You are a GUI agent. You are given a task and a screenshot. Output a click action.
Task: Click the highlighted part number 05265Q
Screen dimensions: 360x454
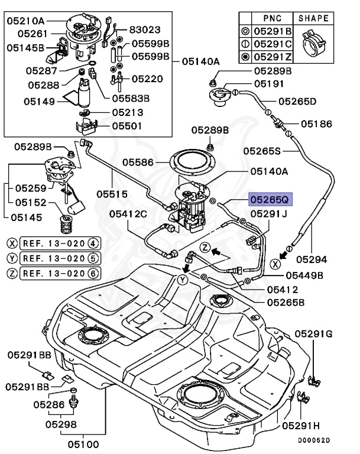click(271, 199)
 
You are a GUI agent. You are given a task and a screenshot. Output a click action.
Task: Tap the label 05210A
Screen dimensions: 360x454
click(26, 21)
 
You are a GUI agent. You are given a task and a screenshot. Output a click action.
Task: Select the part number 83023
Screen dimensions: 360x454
click(145, 30)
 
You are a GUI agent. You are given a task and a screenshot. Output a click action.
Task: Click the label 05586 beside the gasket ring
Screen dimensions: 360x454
click(138, 162)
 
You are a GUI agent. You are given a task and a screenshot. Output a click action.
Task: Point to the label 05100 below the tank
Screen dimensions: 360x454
click(83, 444)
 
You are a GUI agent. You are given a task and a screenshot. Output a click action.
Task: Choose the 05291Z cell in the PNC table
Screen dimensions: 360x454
click(273, 57)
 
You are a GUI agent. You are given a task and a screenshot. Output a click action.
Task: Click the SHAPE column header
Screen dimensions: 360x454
click(313, 18)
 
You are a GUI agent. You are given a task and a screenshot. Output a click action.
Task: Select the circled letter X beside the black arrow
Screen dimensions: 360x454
click(275, 264)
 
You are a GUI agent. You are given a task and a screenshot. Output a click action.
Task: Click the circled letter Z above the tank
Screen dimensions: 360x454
click(205, 248)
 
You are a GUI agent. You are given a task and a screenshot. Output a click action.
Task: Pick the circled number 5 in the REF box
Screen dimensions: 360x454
click(93, 258)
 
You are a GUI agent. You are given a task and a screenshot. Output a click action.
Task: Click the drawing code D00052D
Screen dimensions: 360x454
click(314, 440)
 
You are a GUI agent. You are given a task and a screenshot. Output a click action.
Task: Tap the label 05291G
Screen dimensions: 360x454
click(313, 334)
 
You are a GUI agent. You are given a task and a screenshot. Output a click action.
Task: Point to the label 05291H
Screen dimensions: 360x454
click(301, 426)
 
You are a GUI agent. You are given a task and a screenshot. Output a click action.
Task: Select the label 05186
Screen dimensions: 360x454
click(317, 124)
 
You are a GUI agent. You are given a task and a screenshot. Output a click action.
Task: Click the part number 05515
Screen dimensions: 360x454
click(112, 194)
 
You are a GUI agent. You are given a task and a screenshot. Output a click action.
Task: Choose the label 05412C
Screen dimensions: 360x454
click(128, 214)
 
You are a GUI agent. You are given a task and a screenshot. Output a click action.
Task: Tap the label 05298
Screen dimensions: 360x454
click(61, 424)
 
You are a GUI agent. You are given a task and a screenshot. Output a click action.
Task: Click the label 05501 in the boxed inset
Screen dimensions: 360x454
click(127, 127)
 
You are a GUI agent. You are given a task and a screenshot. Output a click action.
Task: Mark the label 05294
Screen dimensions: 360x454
click(312, 260)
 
